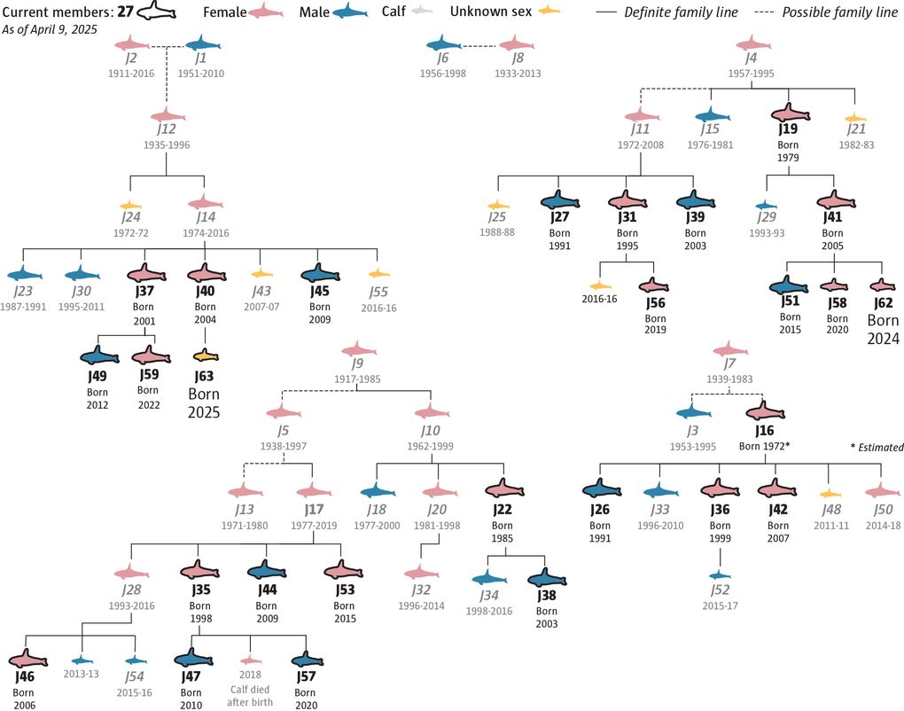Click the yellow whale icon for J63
click(x=206, y=355)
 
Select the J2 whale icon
click(x=132, y=44)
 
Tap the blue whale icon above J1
click(x=203, y=44)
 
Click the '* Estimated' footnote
click(x=875, y=448)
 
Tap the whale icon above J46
click(x=29, y=660)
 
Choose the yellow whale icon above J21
click(x=855, y=119)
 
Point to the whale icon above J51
click(x=790, y=286)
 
